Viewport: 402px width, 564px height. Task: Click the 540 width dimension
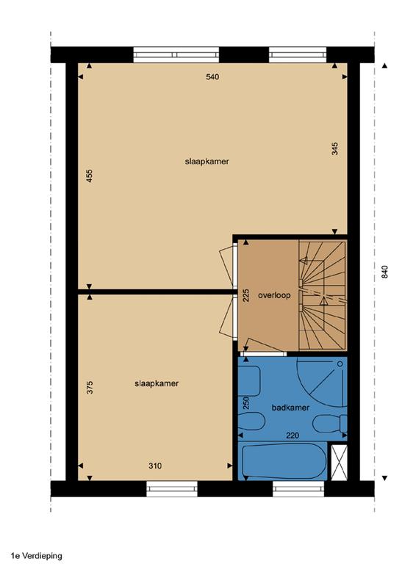click(x=212, y=76)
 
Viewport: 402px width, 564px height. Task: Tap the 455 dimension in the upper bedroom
click(x=90, y=176)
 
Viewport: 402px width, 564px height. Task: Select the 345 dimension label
click(x=335, y=148)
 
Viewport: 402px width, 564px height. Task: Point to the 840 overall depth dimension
click(x=384, y=272)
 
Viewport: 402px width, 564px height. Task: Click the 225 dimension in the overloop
click(x=246, y=295)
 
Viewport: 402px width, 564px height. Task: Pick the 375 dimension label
click(x=90, y=388)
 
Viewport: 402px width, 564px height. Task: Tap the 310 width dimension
click(x=155, y=466)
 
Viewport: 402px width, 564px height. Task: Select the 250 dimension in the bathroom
click(x=246, y=403)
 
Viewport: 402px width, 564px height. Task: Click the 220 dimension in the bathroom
click(x=292, y=435)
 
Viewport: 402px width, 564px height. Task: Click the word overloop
click(x=274, y=295)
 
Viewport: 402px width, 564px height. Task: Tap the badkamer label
click(x=290, y=408)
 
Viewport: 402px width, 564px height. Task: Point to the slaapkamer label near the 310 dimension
click(x=157, y=383)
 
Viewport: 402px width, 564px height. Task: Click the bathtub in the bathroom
click(x=284, y=461)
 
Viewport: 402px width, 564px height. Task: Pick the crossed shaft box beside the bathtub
click(x=339, y=463)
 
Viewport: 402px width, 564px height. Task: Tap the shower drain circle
click(x=340, y=364)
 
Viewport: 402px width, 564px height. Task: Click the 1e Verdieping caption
click(x=36, y=557)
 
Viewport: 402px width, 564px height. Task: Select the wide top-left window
click(x=176, y=54)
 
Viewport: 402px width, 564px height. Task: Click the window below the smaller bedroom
click(x=172, y=489)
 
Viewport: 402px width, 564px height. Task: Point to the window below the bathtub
click(x=298, y=489)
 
